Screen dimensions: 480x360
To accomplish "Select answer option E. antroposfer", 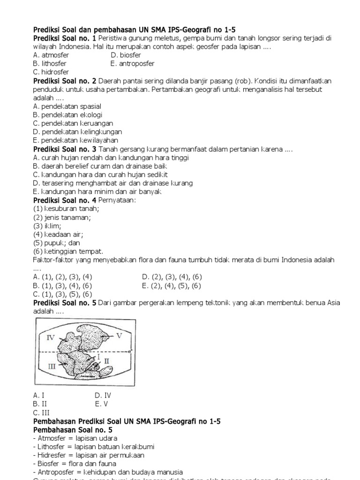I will tap(132, 63).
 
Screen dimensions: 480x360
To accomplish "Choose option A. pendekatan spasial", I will tap(67, 106).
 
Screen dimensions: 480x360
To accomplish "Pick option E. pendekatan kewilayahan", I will tap(75, 140).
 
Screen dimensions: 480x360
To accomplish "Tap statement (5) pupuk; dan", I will tap(56, 243).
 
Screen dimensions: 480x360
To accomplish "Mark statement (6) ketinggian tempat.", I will tap(68, 251).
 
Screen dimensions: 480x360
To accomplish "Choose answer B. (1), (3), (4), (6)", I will tap(62, 285).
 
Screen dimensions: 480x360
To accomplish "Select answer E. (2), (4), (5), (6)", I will tap(171, 285).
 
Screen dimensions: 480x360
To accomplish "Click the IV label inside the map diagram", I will tap(51, 337).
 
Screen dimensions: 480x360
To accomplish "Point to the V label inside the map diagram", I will tap(119, 336).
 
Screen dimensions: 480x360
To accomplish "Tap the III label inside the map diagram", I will tap(52, 367).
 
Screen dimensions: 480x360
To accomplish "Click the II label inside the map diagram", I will tap(106, 361).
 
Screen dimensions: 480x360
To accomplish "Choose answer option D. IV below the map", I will tap(103, 395).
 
